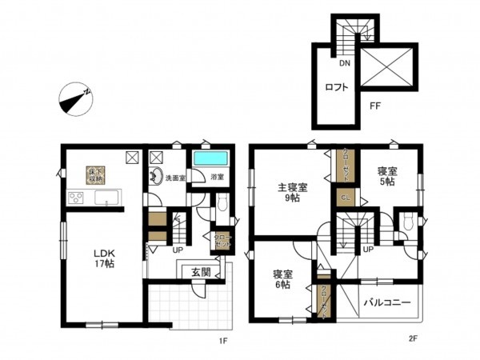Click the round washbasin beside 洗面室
tap(155, 178)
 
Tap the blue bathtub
tap(210, 157)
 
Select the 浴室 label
tap(217, 176)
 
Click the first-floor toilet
tap(223, 205)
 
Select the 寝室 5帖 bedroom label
tap(387, 176)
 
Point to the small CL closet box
tap(345, 196)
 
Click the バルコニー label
tap(388, 304)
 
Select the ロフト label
tap(337, 88)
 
